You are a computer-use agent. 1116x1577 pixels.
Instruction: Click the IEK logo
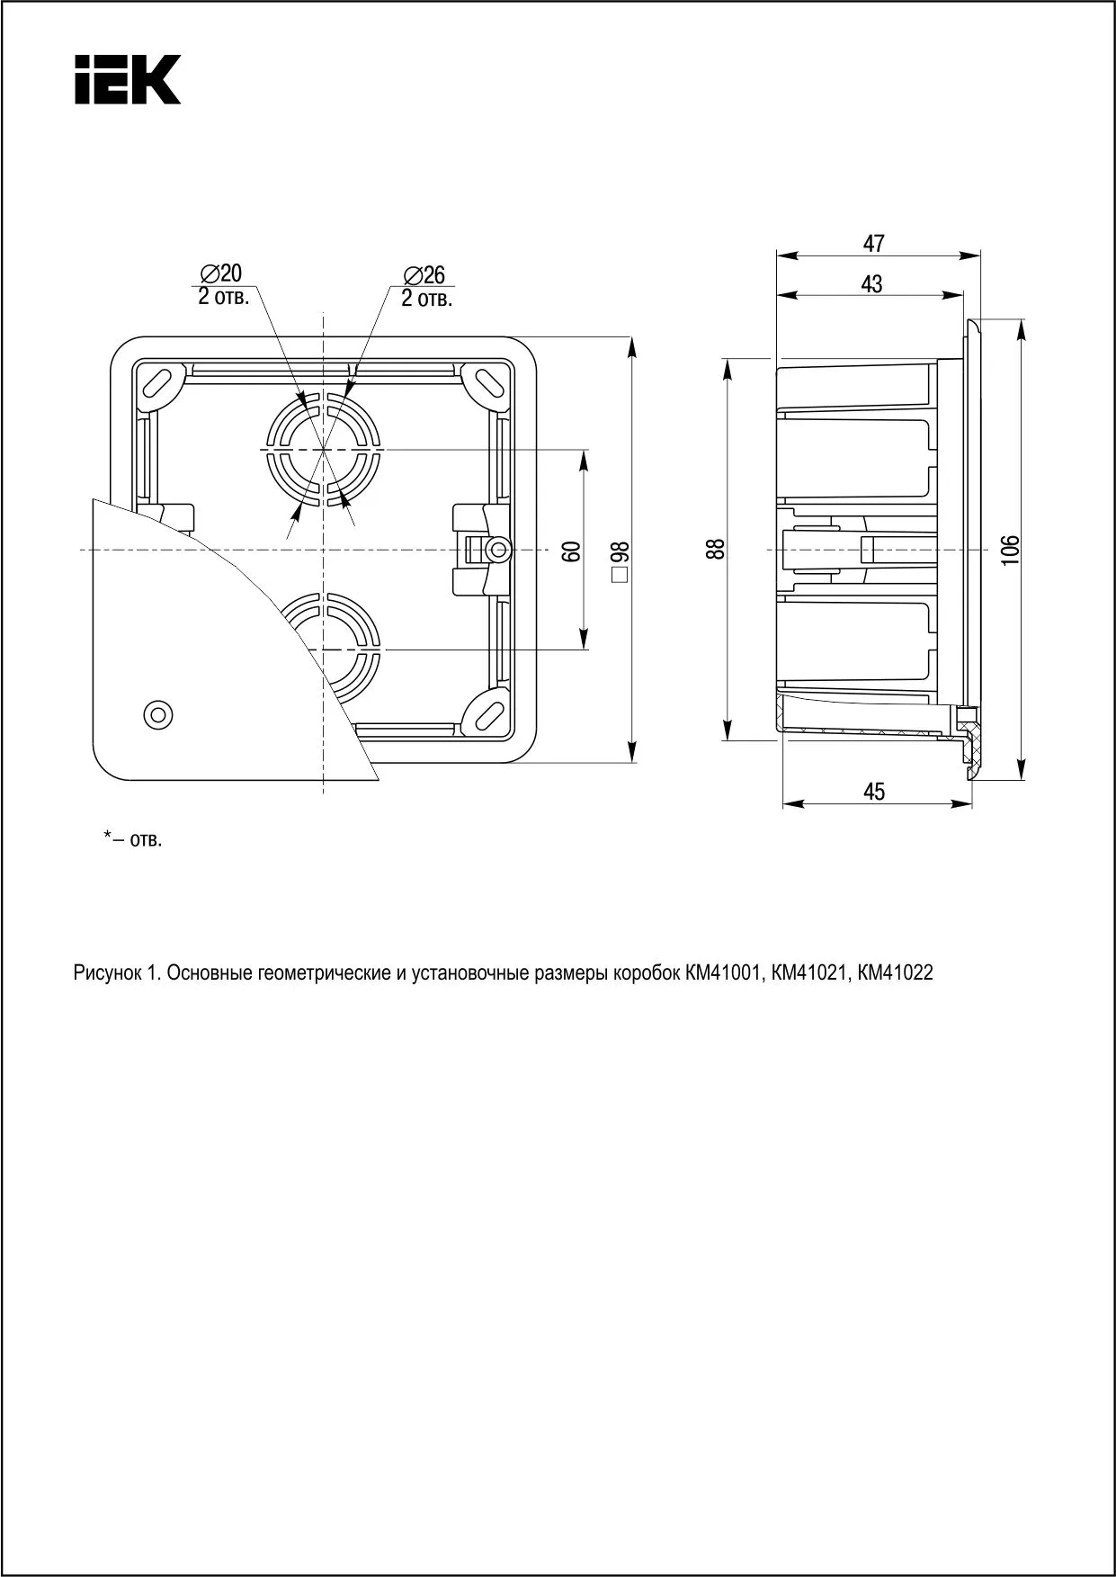click(127, 79)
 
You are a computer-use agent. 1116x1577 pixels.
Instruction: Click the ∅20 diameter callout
click(222, 273)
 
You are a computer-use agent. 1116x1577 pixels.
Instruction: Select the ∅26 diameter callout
click(425, 275)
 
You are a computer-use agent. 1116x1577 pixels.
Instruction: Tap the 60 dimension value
click(570, 551)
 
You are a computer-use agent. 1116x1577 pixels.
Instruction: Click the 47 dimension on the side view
click(874, 243)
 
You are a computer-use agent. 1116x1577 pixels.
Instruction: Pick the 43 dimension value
click(871, 284)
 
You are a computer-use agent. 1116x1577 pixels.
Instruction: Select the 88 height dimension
click(715, 549)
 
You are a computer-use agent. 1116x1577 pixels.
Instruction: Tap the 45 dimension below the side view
click(874, 791)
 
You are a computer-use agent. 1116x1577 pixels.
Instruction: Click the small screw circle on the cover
click(158, 713)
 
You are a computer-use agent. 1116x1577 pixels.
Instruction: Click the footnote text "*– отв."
click(132, 840)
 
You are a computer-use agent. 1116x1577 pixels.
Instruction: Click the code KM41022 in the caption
click(896, 972)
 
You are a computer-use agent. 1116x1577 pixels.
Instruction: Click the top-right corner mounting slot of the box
click(487, 381)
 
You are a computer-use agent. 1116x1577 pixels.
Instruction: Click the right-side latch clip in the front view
click(481, 549)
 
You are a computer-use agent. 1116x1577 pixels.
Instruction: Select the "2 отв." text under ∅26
click(426, 299)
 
